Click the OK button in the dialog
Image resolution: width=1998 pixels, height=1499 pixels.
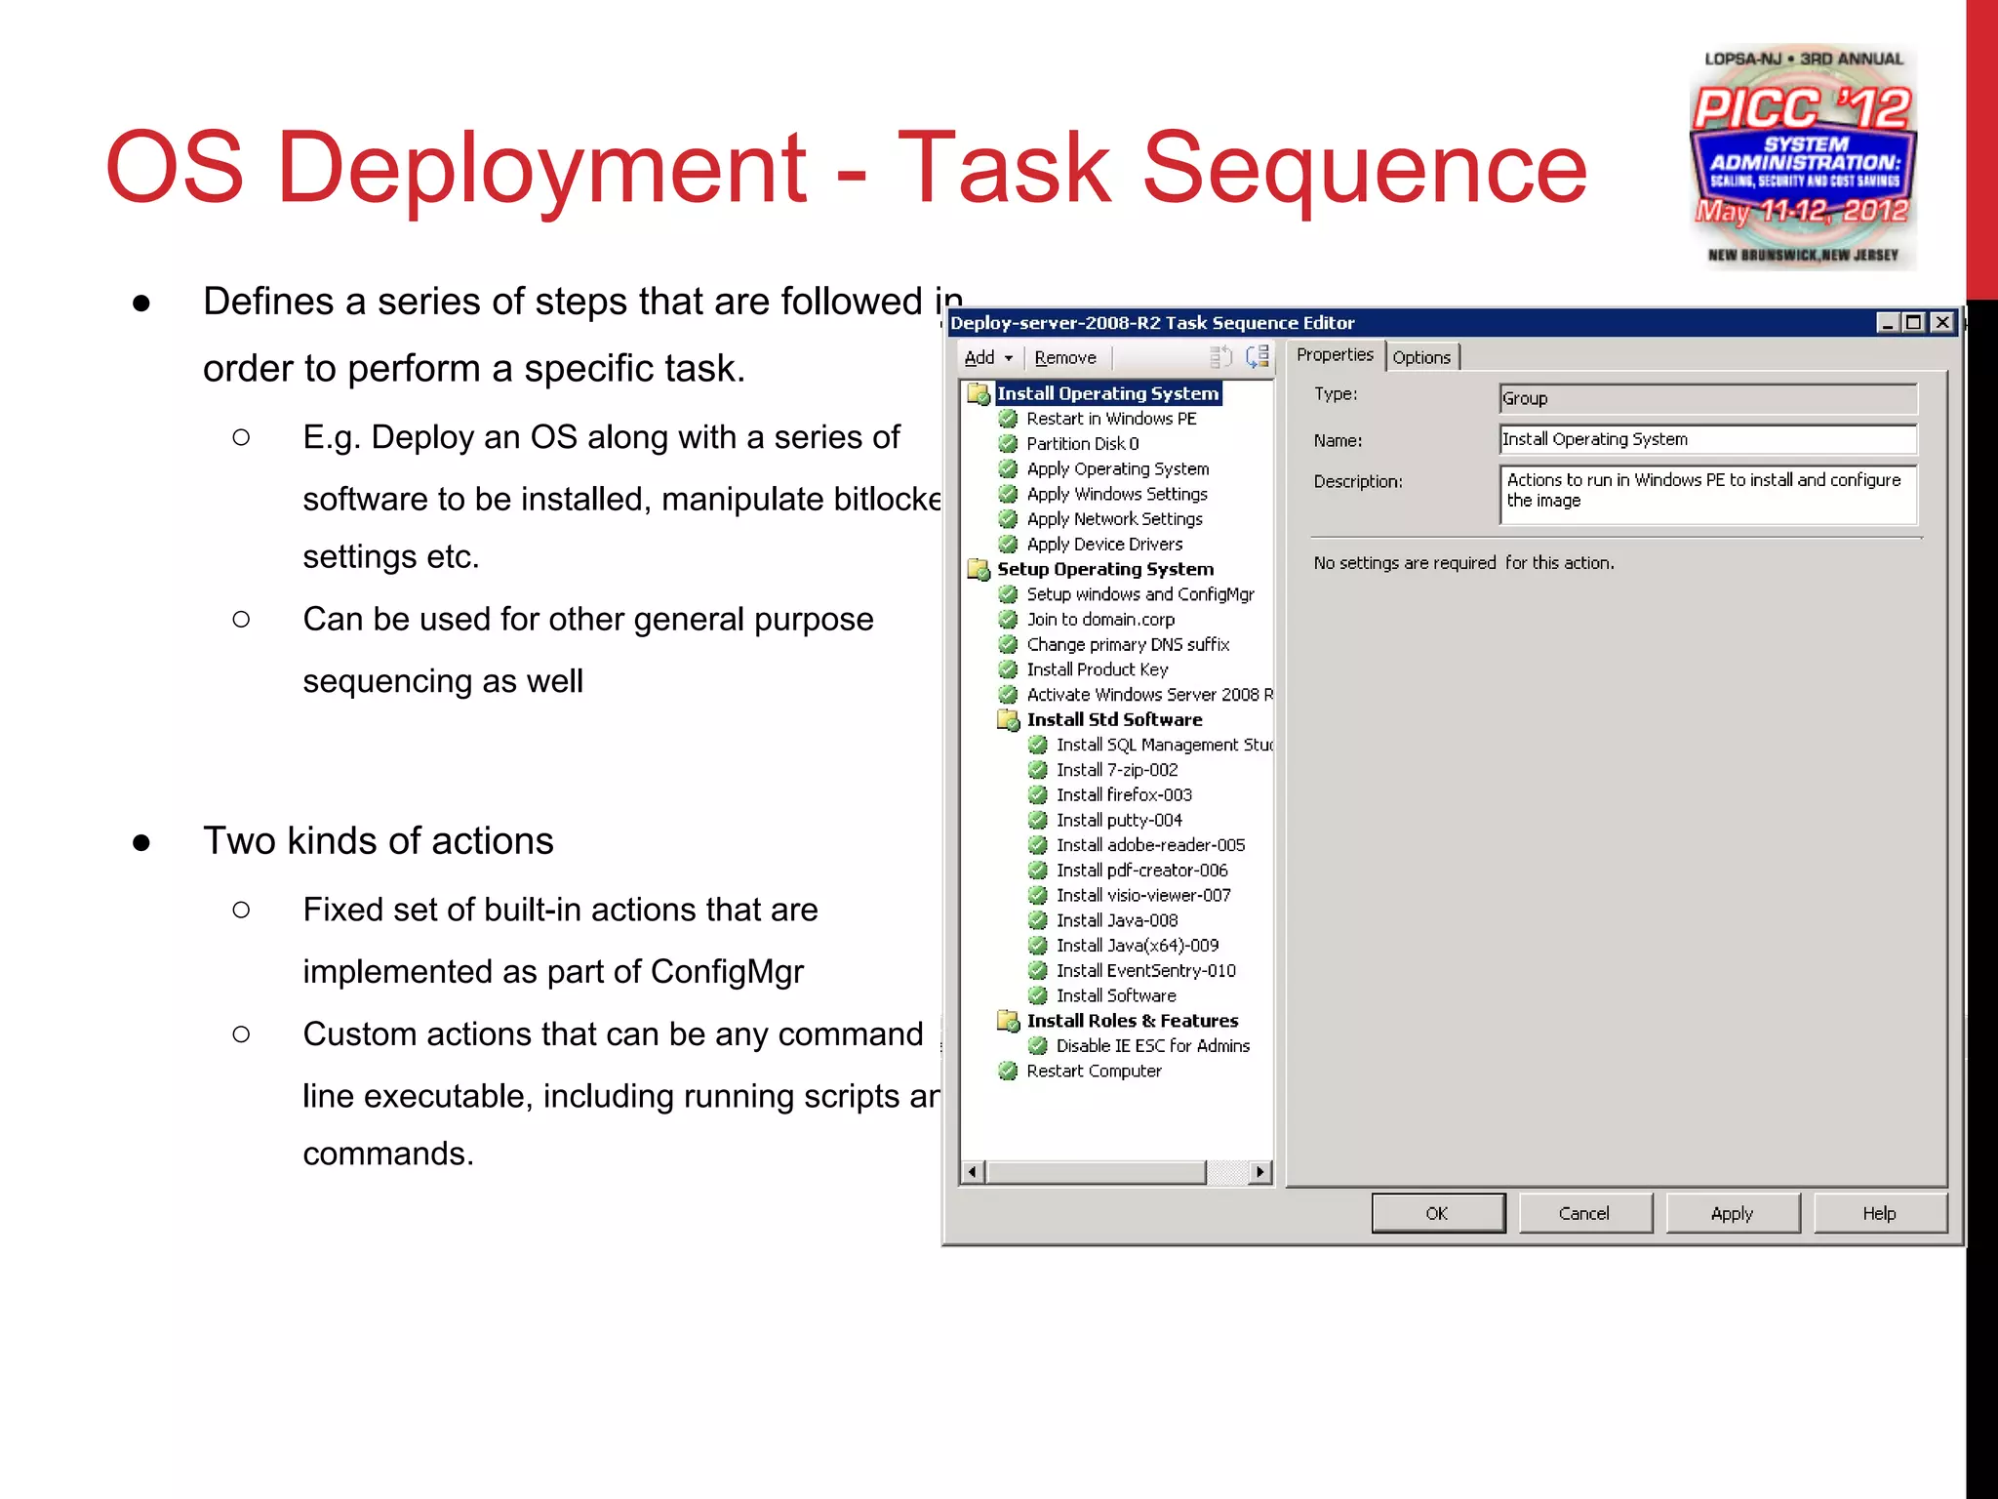tap(1437, 1213)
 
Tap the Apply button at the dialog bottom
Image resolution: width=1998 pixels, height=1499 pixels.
tap(1732, 1213)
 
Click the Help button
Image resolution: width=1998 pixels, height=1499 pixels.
tap(1879, 1213)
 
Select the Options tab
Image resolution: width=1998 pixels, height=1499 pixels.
tap(1421, 357)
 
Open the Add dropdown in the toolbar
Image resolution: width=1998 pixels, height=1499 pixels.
tap(988, 358)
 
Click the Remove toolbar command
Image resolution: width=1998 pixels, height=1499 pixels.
tap(1065, 358)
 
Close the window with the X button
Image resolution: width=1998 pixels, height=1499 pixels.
tap(1942, 322)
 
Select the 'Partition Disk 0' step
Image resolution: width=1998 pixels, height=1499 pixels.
tap(1082, 444)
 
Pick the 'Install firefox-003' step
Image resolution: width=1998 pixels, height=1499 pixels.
tap(1124, 795)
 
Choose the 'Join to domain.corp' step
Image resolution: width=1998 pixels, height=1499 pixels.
tap(1100, 620)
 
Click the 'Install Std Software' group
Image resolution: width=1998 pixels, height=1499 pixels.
tap(1114, 720)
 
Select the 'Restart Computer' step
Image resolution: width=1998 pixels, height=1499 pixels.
tap(1094, 1072)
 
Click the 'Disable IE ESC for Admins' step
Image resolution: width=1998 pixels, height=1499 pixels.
tap(1152, 1046)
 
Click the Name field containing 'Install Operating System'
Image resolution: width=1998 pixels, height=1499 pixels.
tap(1707, 439)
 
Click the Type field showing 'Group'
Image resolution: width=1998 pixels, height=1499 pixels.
tap(1707, 398)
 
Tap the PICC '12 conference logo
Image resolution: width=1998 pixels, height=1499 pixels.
tap(1803, 156)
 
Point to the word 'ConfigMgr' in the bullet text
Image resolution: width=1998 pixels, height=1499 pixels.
tap(727, 972)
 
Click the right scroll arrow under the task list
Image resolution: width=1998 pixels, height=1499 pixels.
tap(1260, 1171)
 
